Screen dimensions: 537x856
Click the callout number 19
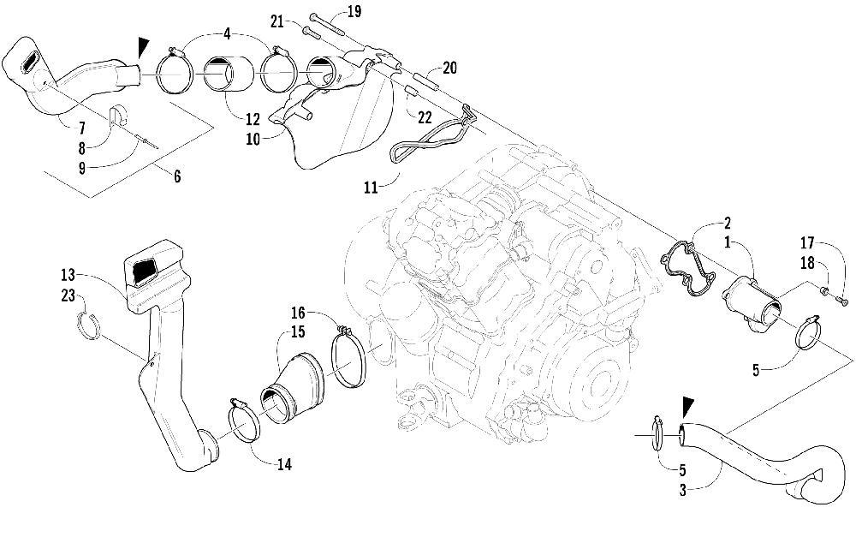[330, 11]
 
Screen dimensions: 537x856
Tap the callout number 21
[276, 21]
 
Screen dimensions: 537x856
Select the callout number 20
[450, 69]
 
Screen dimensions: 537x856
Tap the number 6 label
[177, 177]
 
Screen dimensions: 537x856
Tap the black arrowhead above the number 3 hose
[685, 406]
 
